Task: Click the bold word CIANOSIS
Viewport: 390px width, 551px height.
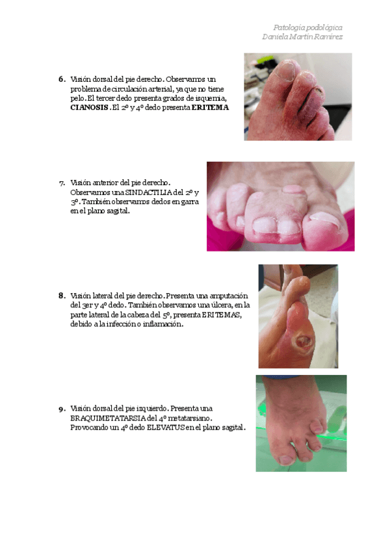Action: coord(89,107)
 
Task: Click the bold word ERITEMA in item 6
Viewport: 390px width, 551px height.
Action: coord(210,107)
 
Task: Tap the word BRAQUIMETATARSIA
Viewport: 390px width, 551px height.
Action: coord(108,418)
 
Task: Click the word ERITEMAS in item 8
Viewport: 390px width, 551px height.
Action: coord(222,315)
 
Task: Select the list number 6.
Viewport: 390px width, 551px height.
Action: coord(62,79)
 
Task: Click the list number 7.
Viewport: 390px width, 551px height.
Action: coord(62,183)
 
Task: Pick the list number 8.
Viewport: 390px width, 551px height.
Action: coord(62,296)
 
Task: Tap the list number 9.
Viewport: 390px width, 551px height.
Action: coord(62,409)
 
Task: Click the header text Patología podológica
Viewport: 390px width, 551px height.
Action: coord(307,27)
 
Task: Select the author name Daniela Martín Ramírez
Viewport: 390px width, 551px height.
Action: coord(302,36)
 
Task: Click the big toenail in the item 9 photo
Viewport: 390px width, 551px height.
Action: coord(287,459)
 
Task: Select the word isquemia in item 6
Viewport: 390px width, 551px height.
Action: coord(211,98)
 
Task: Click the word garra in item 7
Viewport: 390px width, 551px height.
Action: coord(190,202)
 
